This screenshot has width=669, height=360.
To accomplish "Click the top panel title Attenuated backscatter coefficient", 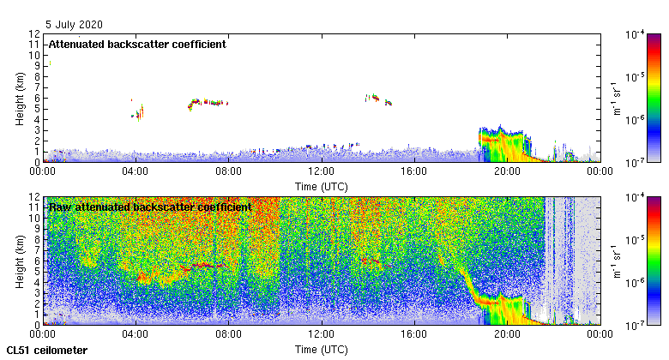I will tap(137, 44).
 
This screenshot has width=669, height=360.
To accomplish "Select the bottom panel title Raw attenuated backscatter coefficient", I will tap(150, 207).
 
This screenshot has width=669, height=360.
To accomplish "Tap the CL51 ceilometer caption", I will tap(47, 351).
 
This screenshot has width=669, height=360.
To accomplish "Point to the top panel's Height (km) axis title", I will tap(20, 98).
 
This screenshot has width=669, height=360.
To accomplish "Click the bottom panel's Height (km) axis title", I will tap(20, 261).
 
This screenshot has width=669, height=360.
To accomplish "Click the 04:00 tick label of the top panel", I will tap(136, 171).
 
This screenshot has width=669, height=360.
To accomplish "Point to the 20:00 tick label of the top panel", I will tap(507, 171).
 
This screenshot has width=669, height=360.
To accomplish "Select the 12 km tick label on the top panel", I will tap(34, 34).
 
